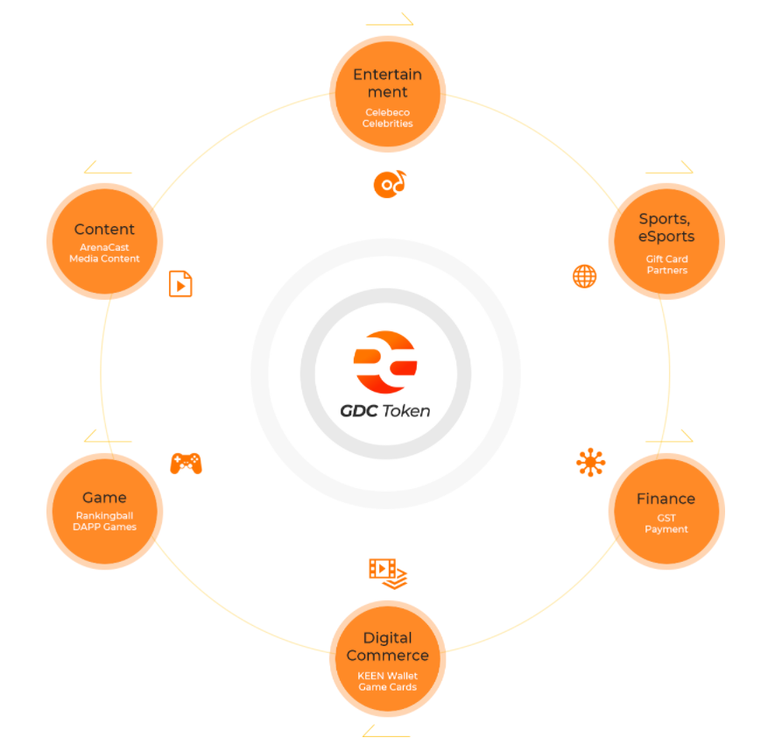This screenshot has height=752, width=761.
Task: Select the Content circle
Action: [x=104, y=241]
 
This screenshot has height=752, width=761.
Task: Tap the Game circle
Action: [x=104, y=510]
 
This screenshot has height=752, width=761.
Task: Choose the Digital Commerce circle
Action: [x=387, y=657]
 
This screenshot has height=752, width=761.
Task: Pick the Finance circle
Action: [x=666, y=511]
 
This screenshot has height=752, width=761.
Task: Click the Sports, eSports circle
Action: [x=666, y=241]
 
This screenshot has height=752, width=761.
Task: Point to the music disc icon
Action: [x=390, y=182]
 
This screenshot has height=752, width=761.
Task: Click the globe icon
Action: [x=584, y=277]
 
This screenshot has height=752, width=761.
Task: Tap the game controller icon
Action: [x=186, y=463]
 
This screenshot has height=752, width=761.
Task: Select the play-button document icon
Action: [x=180, y=284]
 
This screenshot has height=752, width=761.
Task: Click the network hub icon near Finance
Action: [x=590, y=462]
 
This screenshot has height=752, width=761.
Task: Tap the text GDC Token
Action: [x=385, y=410]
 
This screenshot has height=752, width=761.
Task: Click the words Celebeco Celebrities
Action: [x=387, y=118]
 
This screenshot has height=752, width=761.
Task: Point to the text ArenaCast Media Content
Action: [x=104, y=253]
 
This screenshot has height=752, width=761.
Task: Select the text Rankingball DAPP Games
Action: [x=104, y=521]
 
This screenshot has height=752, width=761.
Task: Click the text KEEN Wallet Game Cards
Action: [x=387, y=681]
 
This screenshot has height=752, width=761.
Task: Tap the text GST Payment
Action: [x=666, y=523]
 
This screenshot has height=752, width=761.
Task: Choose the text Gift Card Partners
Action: [x=666, y=265]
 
